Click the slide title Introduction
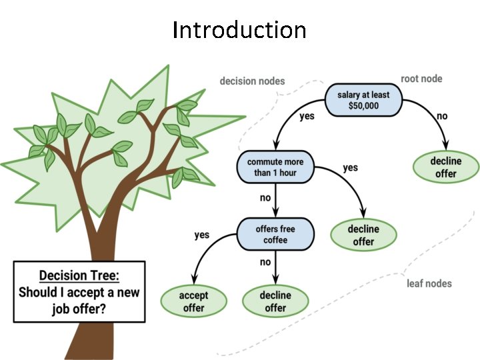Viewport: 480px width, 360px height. [239, 30]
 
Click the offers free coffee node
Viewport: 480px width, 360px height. [275, 235]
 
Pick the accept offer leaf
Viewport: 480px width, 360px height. [193, 301]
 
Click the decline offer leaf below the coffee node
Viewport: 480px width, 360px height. [275, 301]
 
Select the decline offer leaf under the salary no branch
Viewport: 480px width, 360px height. [445, 167]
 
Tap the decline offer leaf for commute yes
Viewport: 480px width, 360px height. [363, 235]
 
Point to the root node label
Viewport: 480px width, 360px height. [421, 79]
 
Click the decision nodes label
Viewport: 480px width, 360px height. [252, 81]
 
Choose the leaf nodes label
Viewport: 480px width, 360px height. [429, 283]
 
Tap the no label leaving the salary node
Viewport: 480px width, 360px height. [442, 116]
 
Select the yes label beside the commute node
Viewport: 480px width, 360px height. [350, 167]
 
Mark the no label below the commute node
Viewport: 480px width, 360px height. [265, 197]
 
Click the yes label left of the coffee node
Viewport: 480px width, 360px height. [201, 235]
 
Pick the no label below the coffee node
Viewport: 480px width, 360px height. [265, 262]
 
